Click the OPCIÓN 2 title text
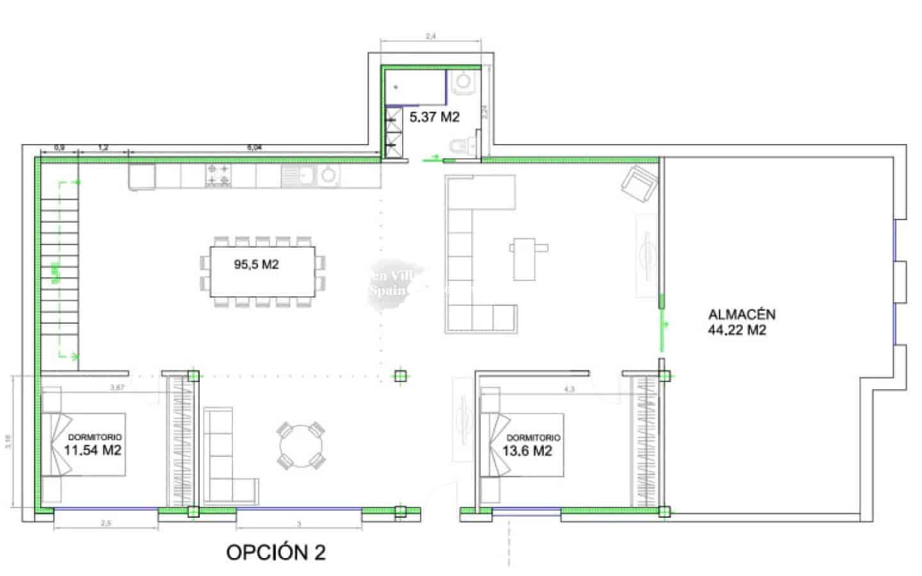(276, 552)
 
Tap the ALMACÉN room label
(741, 314)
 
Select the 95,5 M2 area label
(256, 264)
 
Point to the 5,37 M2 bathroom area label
(434, 116)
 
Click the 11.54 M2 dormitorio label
(92, 450)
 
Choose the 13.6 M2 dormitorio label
(527, 451)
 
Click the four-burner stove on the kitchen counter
(218, 176)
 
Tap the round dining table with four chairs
(300, 445)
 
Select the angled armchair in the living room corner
(640, 182)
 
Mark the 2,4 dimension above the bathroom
(431, 37)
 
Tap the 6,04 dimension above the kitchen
(254, 148)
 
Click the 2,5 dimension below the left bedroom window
(106, 524)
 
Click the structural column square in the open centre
(400, 376)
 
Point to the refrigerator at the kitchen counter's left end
(142, 177)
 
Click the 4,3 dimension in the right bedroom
(568, 388)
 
